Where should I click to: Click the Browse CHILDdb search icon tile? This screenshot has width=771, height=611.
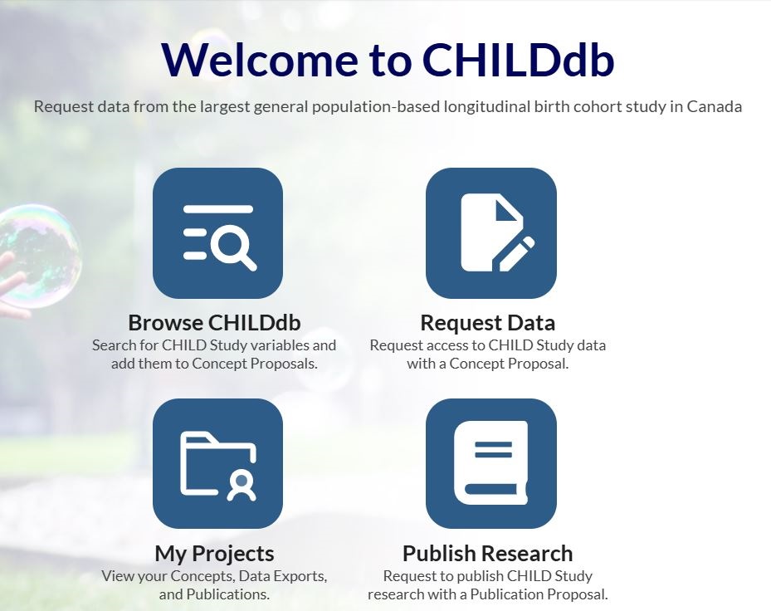[x=217, y=233]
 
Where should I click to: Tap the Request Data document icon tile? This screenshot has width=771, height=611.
[x=491, y=233]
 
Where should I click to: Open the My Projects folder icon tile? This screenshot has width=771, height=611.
[x=217, y=463]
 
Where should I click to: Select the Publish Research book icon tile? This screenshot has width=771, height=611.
[x=491, y=463]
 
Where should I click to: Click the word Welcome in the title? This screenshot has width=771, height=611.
[x=260, y=60]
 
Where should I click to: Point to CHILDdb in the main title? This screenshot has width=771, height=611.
[x=518, y=60]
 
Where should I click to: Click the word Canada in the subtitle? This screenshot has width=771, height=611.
[x=715, y=106]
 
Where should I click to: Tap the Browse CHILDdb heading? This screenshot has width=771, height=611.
[x=214, y=323]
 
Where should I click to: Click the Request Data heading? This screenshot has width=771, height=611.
[x=488, y=323]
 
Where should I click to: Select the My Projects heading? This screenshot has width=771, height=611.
[x=214, y=554]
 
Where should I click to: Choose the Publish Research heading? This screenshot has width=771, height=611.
[x=488, y=554]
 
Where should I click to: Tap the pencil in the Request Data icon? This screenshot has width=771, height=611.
[x=516, y=254]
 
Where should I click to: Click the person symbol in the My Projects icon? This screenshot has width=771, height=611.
[x=242, y=486]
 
